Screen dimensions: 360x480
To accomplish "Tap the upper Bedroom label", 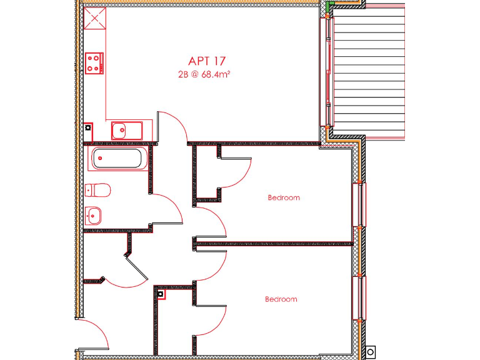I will (x=283, y=197).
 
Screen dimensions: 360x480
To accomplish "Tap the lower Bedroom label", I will (x=281, y=299).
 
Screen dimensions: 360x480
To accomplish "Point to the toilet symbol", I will (x=98, y=189).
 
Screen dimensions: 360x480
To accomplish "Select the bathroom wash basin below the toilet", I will (x=94, y=216).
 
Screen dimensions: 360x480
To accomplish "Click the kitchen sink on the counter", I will (x=127, y=131).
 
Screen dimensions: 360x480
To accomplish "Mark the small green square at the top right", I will (x=327, y=6).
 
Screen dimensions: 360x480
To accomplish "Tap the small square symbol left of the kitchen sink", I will (x=88, y=127).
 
